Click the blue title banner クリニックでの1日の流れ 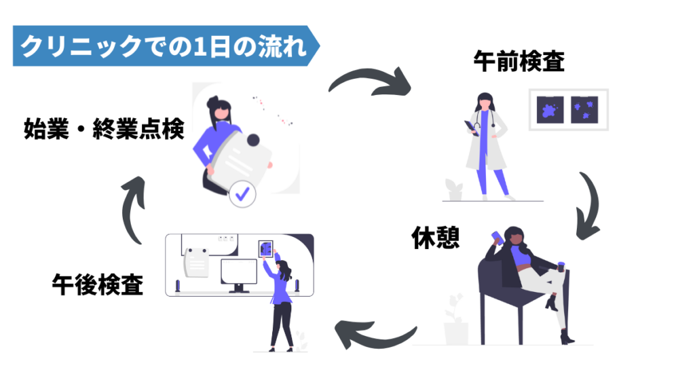pyautogui.click(x=163, y=46)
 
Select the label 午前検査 pyautogui.click(x=519, y=62)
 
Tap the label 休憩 pyautogui.click(x=436, y=238)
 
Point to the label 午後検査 pyautogui.click(x=98, y=284)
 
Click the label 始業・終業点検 pyautogui.click(x=104, y=128)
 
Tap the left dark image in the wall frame pyautogui.click(x=550, y=109)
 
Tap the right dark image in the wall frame pyautogui.click(x=584, y=109)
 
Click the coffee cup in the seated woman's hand pyautogui.click(x=561, y=265)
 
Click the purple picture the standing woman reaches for pyautogui.click(x=265, y=247)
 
